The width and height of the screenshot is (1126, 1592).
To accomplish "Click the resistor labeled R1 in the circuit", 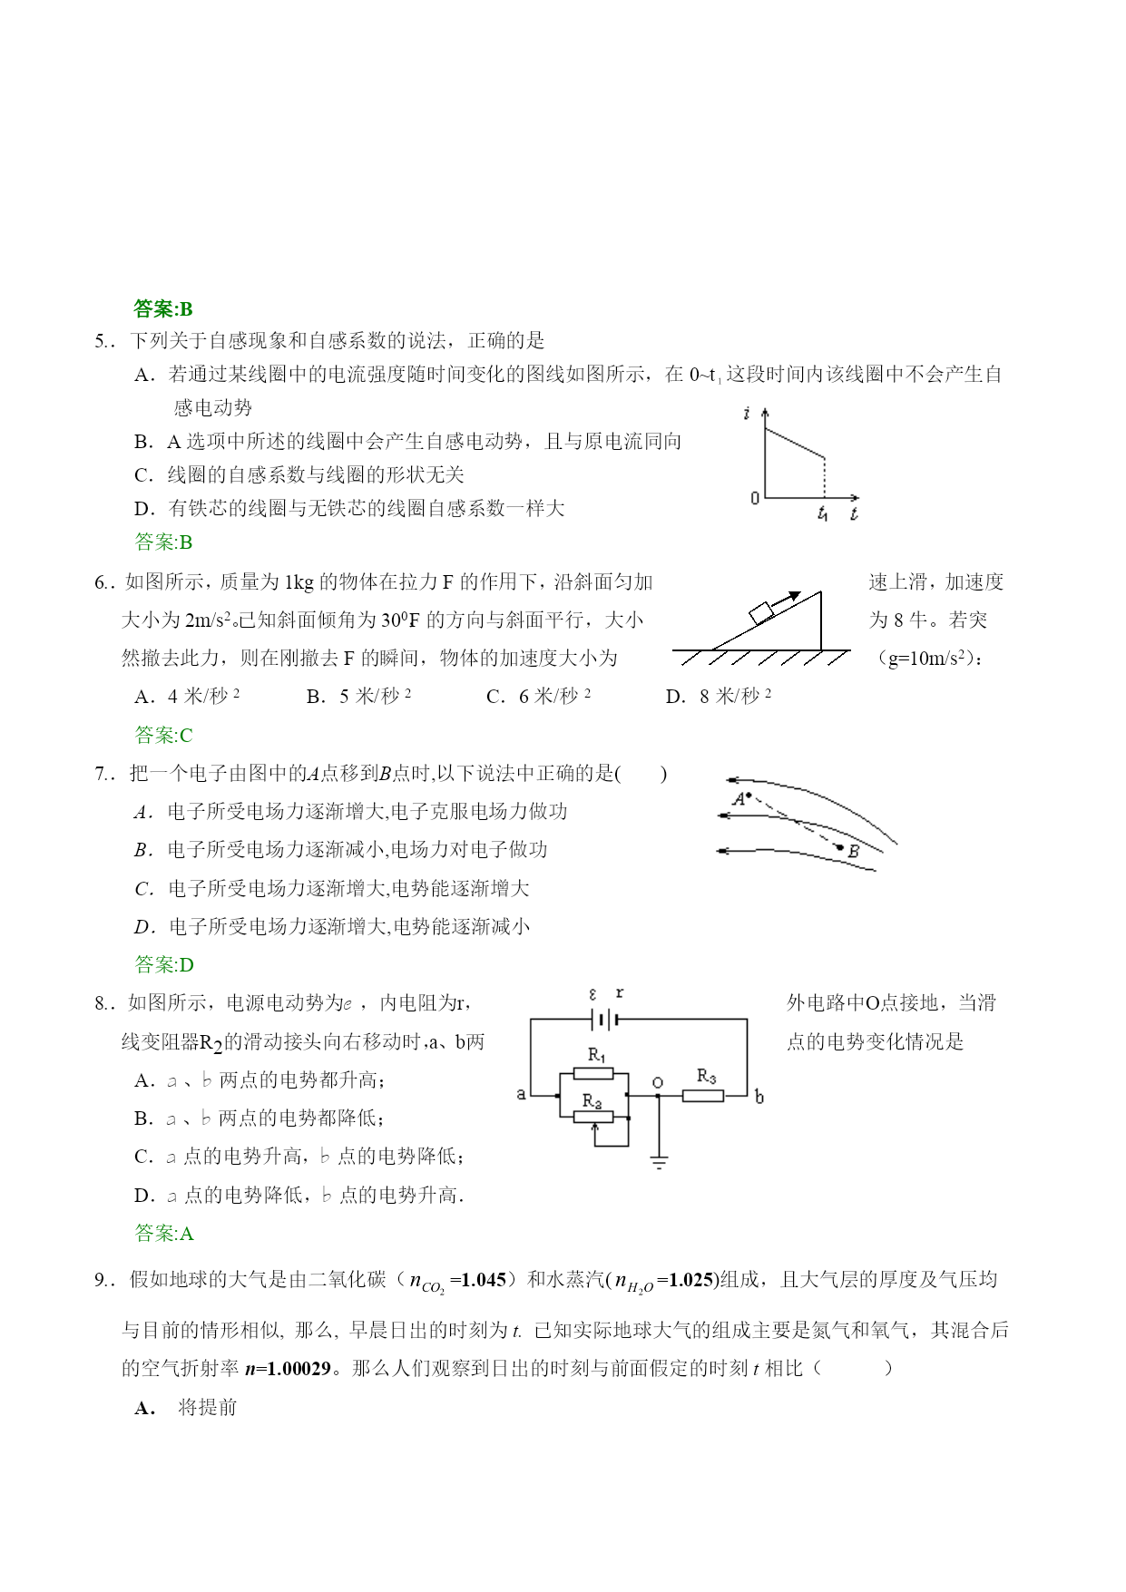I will coord(593,1074).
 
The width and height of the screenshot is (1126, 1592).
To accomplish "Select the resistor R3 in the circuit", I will coord(702,1095).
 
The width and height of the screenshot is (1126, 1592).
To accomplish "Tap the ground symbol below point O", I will coord(659,1162).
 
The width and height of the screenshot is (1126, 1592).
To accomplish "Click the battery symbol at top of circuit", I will coord(604,1020).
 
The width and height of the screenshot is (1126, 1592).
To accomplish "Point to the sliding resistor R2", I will coord(593,1117).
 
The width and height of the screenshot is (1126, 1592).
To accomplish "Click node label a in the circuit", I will coord(521,1094).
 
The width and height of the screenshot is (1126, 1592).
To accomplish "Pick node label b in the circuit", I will coord(759,1097).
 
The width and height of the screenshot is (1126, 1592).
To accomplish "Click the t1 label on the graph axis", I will coord(822,514).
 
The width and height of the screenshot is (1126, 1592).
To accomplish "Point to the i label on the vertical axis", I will coord(747,414).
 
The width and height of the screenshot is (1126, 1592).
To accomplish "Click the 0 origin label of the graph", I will coord(754,498).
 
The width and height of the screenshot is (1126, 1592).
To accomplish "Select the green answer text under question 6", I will coord(163,735).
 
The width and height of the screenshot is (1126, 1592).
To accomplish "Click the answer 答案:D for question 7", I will coord(163,964).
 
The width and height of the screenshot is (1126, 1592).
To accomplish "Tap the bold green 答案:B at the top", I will coord(163,309).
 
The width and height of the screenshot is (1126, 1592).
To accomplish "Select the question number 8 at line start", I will coord(101,1003).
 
